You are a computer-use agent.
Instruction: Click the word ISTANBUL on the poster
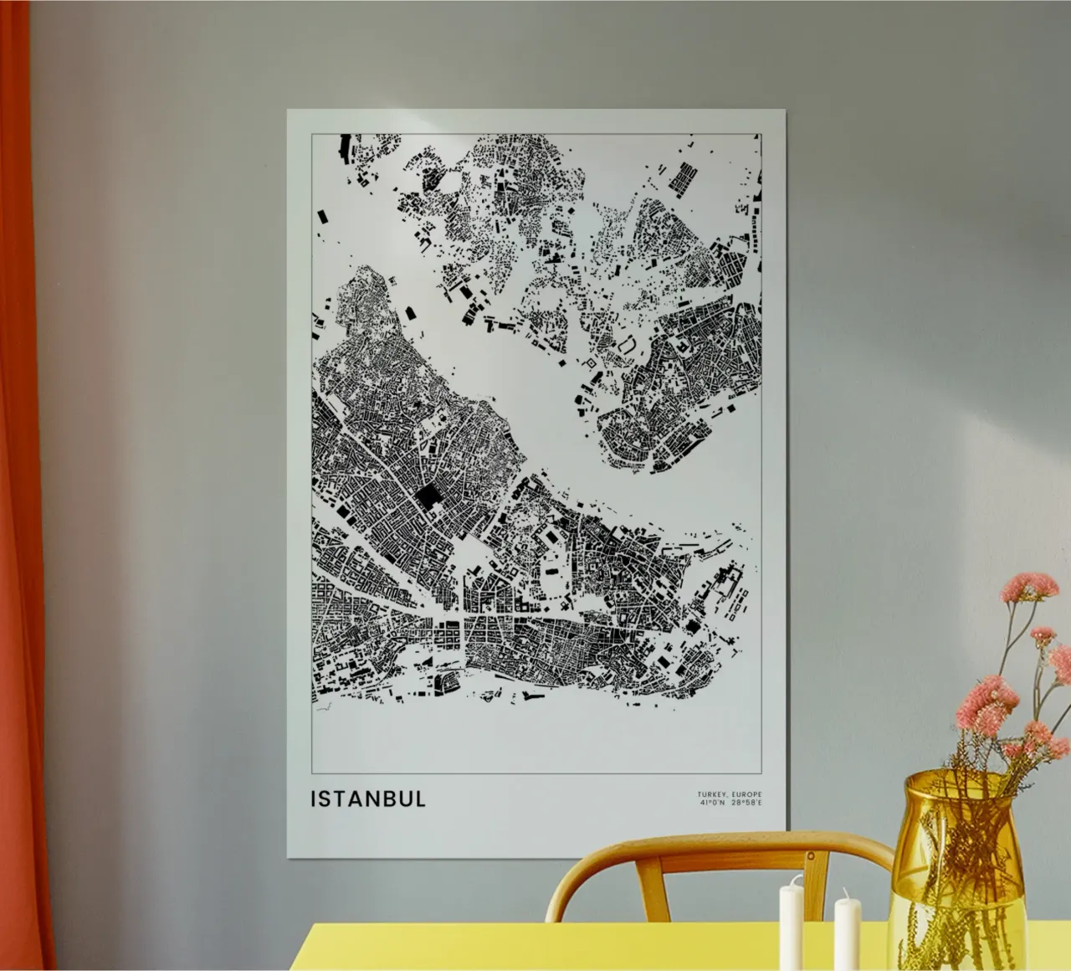coord(368,799)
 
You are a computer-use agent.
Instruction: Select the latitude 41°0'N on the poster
coord(713,803)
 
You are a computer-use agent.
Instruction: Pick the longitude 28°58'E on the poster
coord(747,803)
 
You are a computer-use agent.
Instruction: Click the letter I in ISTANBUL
coord(314,799)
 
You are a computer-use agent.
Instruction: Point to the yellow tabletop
coord(586,946)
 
